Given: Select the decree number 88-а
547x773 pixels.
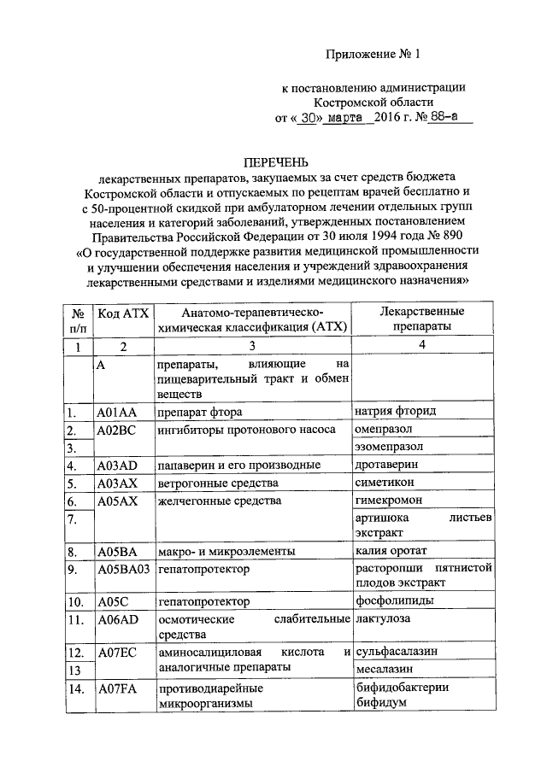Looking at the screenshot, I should [450, 117].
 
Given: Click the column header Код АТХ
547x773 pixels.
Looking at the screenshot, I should [123, 315].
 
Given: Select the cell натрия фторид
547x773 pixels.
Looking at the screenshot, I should [395, 412].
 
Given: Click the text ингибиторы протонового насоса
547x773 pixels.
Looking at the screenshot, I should [245, 430].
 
